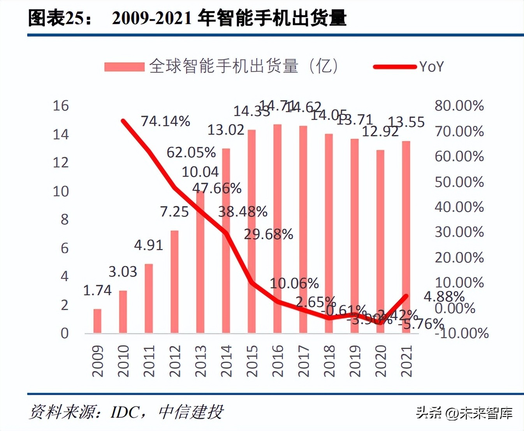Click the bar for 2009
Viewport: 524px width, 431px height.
[97, 321]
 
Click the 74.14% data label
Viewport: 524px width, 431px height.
[165, 121]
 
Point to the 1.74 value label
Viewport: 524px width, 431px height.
[97, 290]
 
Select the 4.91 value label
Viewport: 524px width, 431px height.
[148, 245]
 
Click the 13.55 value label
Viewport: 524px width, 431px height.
[406, 122]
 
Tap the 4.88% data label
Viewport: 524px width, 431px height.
[444, 297]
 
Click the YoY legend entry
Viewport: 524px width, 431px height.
[431, 67]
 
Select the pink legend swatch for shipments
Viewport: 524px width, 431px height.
[124, 67]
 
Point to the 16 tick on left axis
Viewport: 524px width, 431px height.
[61, 106]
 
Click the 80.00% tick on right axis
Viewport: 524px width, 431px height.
[459, 106]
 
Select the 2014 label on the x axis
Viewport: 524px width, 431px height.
[226, 361]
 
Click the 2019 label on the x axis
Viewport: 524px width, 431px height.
[355, 361]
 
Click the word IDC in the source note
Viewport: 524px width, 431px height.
[125, 412]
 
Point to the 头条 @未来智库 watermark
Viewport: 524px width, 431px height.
[464, 413]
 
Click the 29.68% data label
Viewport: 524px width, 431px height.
[268, 234]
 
